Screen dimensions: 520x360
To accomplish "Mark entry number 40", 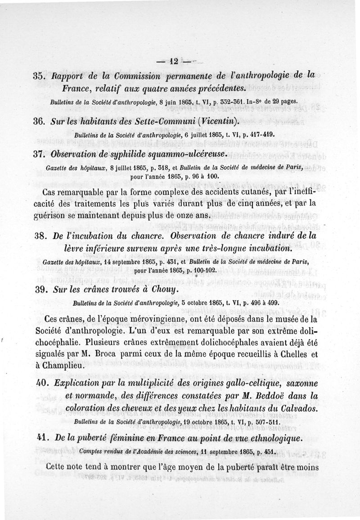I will pyautogui.click(x=41, y=383).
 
